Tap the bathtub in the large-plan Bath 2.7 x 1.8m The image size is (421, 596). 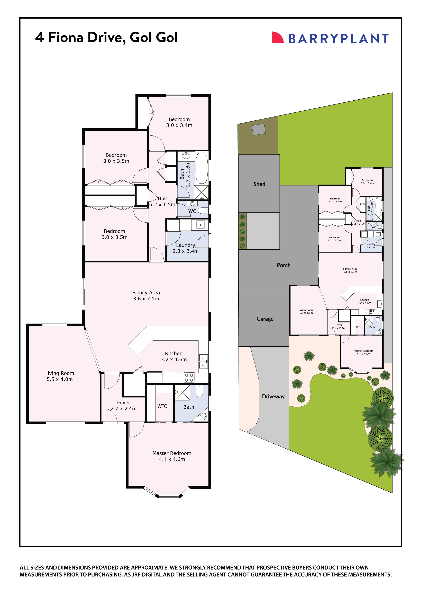point(201,168)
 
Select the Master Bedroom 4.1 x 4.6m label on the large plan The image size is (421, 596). point(172,456)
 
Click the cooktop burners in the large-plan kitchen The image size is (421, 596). point(189,378)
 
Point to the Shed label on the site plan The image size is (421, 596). point(259,184)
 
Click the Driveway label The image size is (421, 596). point(273,396)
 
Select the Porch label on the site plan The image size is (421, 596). point(283,265)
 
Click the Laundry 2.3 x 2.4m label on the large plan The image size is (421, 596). point(186,248)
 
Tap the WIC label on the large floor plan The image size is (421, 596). point(162,406)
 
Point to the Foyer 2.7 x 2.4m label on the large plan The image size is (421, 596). point(123,406)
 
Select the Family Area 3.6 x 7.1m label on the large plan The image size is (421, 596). point(146,296)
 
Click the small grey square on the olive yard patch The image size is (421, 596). point(259,129)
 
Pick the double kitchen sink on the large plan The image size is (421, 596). point(203,361)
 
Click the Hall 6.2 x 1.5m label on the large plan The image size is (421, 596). point(162,202)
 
